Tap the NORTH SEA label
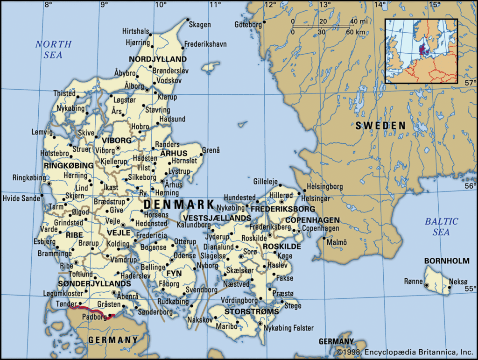coord(54,49)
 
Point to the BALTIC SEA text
coord(441,226)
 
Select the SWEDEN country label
coord(380,126)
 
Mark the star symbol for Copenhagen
coord(299,231)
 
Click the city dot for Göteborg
coord(264,22)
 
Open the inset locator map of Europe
coord(421,51)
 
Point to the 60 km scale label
coord(356,32)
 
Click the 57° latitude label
coord(470,83)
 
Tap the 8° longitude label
coord(48,5)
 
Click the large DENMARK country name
coord(179,205)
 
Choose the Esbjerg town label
coord(44,242)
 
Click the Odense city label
coord(184,256)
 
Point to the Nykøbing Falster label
coord(288,328)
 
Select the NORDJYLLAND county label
coord(157,59)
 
